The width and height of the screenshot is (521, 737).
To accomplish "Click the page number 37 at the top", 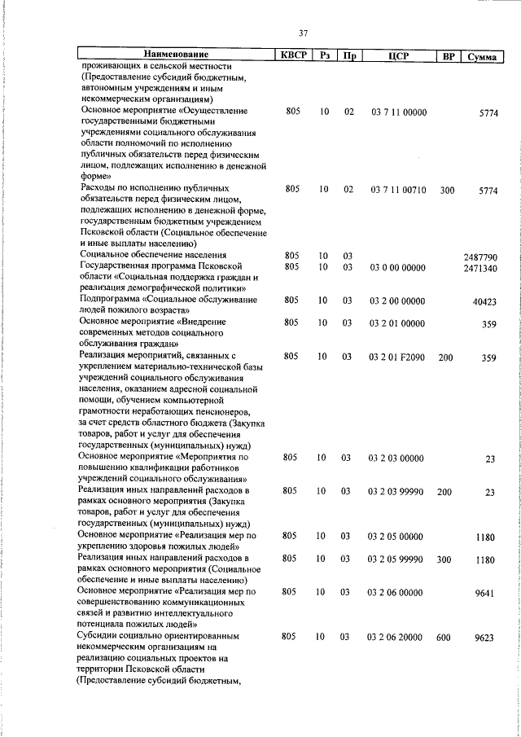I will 303,33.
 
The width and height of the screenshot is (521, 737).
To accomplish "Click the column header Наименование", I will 174,55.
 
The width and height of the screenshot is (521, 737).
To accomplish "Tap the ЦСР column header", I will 398,56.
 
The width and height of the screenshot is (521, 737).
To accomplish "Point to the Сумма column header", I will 482,57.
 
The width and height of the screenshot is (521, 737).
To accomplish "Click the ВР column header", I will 447,56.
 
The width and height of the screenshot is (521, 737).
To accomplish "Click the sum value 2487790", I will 479,257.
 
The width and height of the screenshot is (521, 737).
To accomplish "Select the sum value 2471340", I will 479,268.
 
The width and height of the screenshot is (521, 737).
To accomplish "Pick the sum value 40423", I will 484,301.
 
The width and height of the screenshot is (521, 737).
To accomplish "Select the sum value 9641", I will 486,593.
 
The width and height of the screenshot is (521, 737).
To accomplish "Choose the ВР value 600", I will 444,637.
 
